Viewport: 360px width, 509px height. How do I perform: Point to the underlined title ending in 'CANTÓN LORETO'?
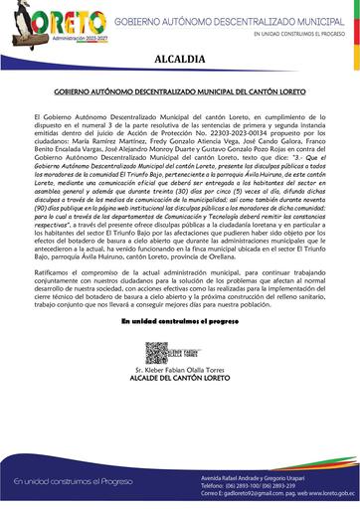(x=180, y=90)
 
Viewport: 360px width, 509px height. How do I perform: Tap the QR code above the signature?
(x=155, y=352)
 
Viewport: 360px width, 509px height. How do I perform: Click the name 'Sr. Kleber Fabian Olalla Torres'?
(x=180, y=372)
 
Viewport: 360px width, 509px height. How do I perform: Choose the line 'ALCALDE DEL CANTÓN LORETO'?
(x=180, y=381)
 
